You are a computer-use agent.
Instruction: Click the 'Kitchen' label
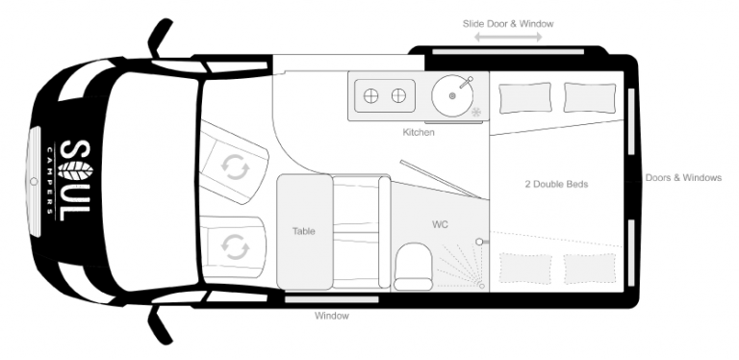tap(419, 133)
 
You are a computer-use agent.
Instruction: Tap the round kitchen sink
tap(452, 96)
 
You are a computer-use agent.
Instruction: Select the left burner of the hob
tap(370, 96)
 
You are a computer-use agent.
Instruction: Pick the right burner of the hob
tap(398, 96)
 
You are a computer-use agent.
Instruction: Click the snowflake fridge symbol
tap(477, 113)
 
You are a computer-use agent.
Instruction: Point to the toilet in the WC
tap(414, 267)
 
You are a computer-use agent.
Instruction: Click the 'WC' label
tap(440, 225)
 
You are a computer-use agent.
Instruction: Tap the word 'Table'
tap(303, 231)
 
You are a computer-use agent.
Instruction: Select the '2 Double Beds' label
tap(556, 184)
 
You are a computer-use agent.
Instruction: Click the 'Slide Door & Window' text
tap(508, 23)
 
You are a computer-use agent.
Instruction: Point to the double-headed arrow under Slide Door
tap(508, 38)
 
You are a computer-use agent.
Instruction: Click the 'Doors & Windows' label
tap(683, 178)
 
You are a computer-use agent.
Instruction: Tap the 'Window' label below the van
tap(332, 316)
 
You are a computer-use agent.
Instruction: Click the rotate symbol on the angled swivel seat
tap(235, 167)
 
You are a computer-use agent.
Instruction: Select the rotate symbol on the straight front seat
tap(234, 247)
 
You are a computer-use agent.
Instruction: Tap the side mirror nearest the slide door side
tap(160, 38)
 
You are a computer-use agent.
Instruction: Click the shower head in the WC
tap(480, 242)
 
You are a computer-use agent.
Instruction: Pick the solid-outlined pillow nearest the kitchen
tap(524, 98)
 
